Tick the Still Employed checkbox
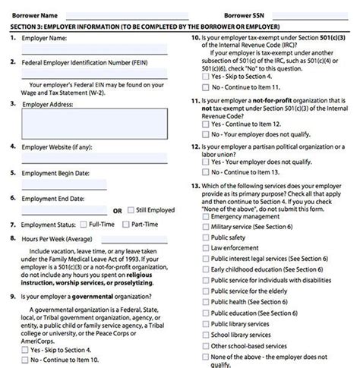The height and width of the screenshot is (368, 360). tap(131, 209)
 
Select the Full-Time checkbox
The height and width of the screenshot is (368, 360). tap(83, 225)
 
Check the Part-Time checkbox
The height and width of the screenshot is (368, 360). tap(125, 225)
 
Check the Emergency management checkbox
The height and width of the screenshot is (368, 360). tap(206, 216)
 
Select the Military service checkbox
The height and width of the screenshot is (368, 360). tap(206, 227)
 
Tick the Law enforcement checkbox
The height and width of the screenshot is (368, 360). tap(206, 247)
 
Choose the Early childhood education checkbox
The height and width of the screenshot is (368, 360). tap(206, 269)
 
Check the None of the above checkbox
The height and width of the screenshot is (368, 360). tap(206, 357)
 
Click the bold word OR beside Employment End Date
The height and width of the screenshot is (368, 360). tap(117, 210)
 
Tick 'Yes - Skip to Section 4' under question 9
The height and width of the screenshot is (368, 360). tap(25, 350)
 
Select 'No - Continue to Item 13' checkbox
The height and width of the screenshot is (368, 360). tap(206, 171)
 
